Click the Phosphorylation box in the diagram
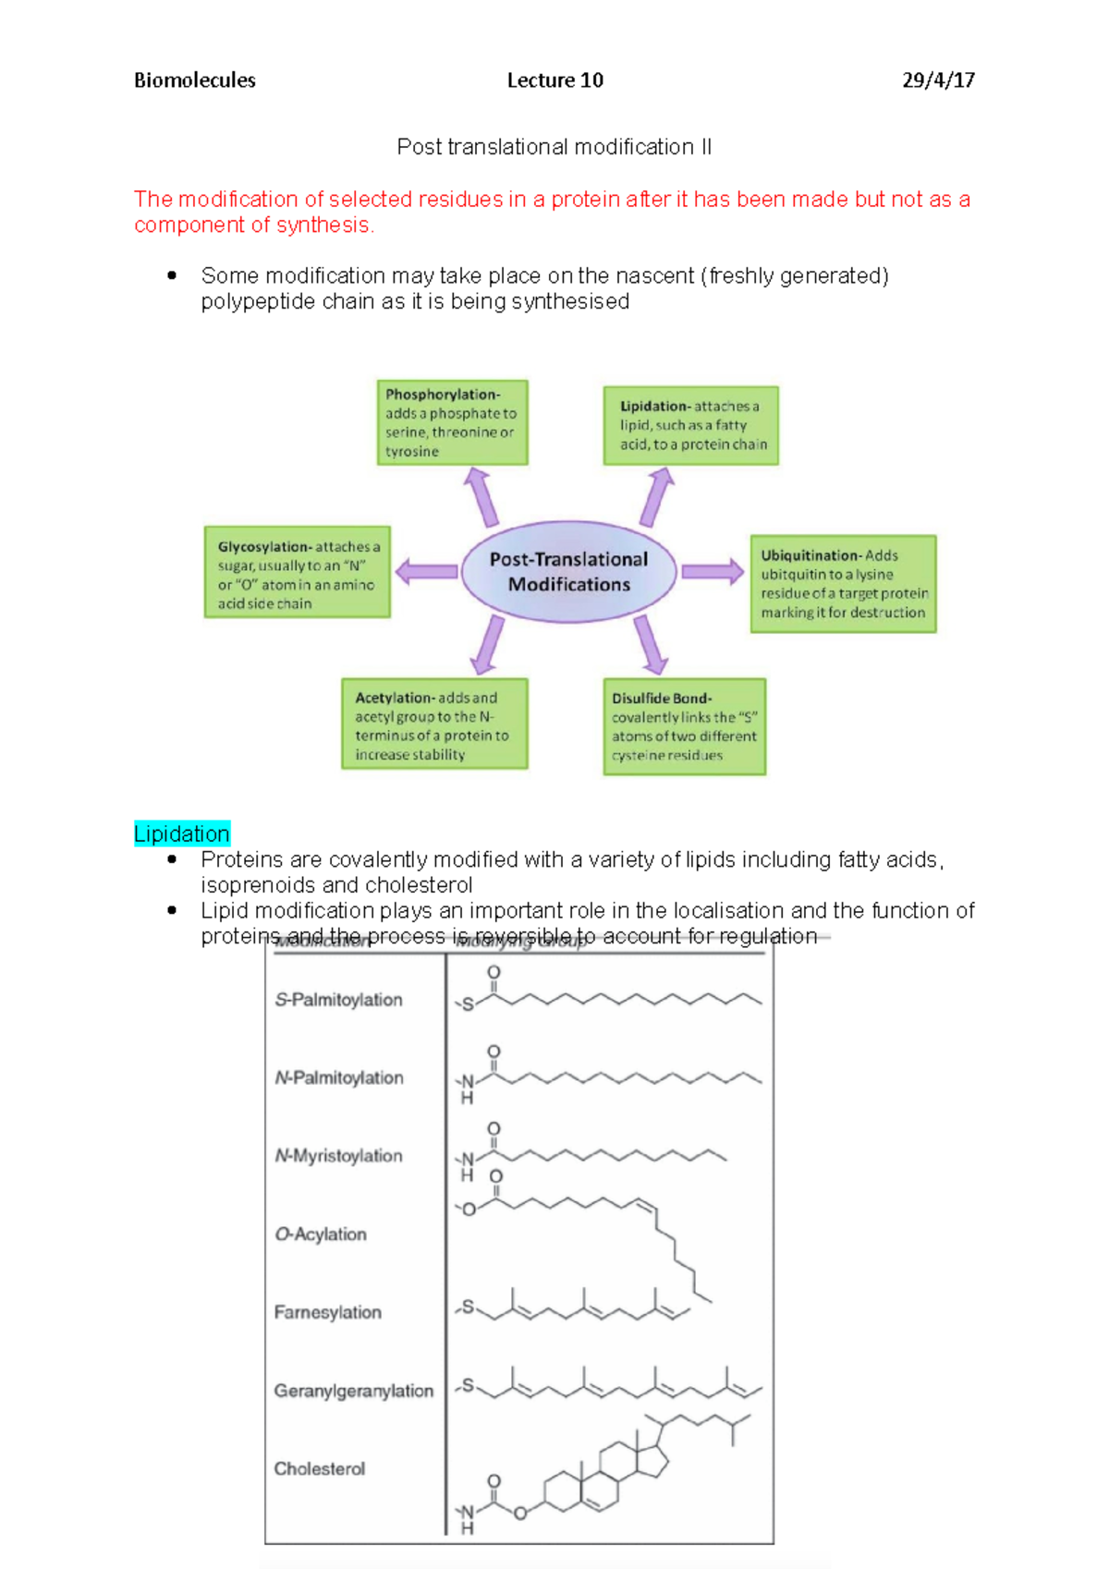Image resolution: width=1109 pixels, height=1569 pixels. tap(452, 422)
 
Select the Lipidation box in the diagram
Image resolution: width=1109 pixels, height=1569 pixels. tap(691, 425)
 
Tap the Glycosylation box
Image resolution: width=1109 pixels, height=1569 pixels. tap(297, 573)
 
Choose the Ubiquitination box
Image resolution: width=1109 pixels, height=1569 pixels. tap(843, 584)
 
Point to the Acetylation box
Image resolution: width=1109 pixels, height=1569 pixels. tap(434, 724)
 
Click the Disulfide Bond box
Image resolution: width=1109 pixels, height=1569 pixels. tap(685, 726)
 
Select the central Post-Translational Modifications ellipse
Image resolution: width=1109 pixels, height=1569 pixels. tap(568, 572)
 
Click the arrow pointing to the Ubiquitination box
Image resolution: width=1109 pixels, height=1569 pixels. tap(713, 571)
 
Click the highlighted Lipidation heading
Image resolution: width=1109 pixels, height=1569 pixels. tap(182, 833)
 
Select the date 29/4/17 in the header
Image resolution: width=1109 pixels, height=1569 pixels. tap(938, 80)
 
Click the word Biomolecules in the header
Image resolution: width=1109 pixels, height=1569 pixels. tap(195, 80)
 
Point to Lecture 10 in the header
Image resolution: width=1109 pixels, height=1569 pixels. tap(554, 80)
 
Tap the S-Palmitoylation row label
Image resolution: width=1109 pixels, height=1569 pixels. tap(338, 1000)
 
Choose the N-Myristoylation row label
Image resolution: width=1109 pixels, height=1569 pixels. tap(338, 1156)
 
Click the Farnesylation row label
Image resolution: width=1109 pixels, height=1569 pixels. tap(327, 1312)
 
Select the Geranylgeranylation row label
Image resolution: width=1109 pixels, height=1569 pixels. tap(353, 1391)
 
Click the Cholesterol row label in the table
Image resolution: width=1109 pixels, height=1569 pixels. tap(319, 1468)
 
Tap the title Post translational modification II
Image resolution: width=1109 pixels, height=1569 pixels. tap(554, 147)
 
